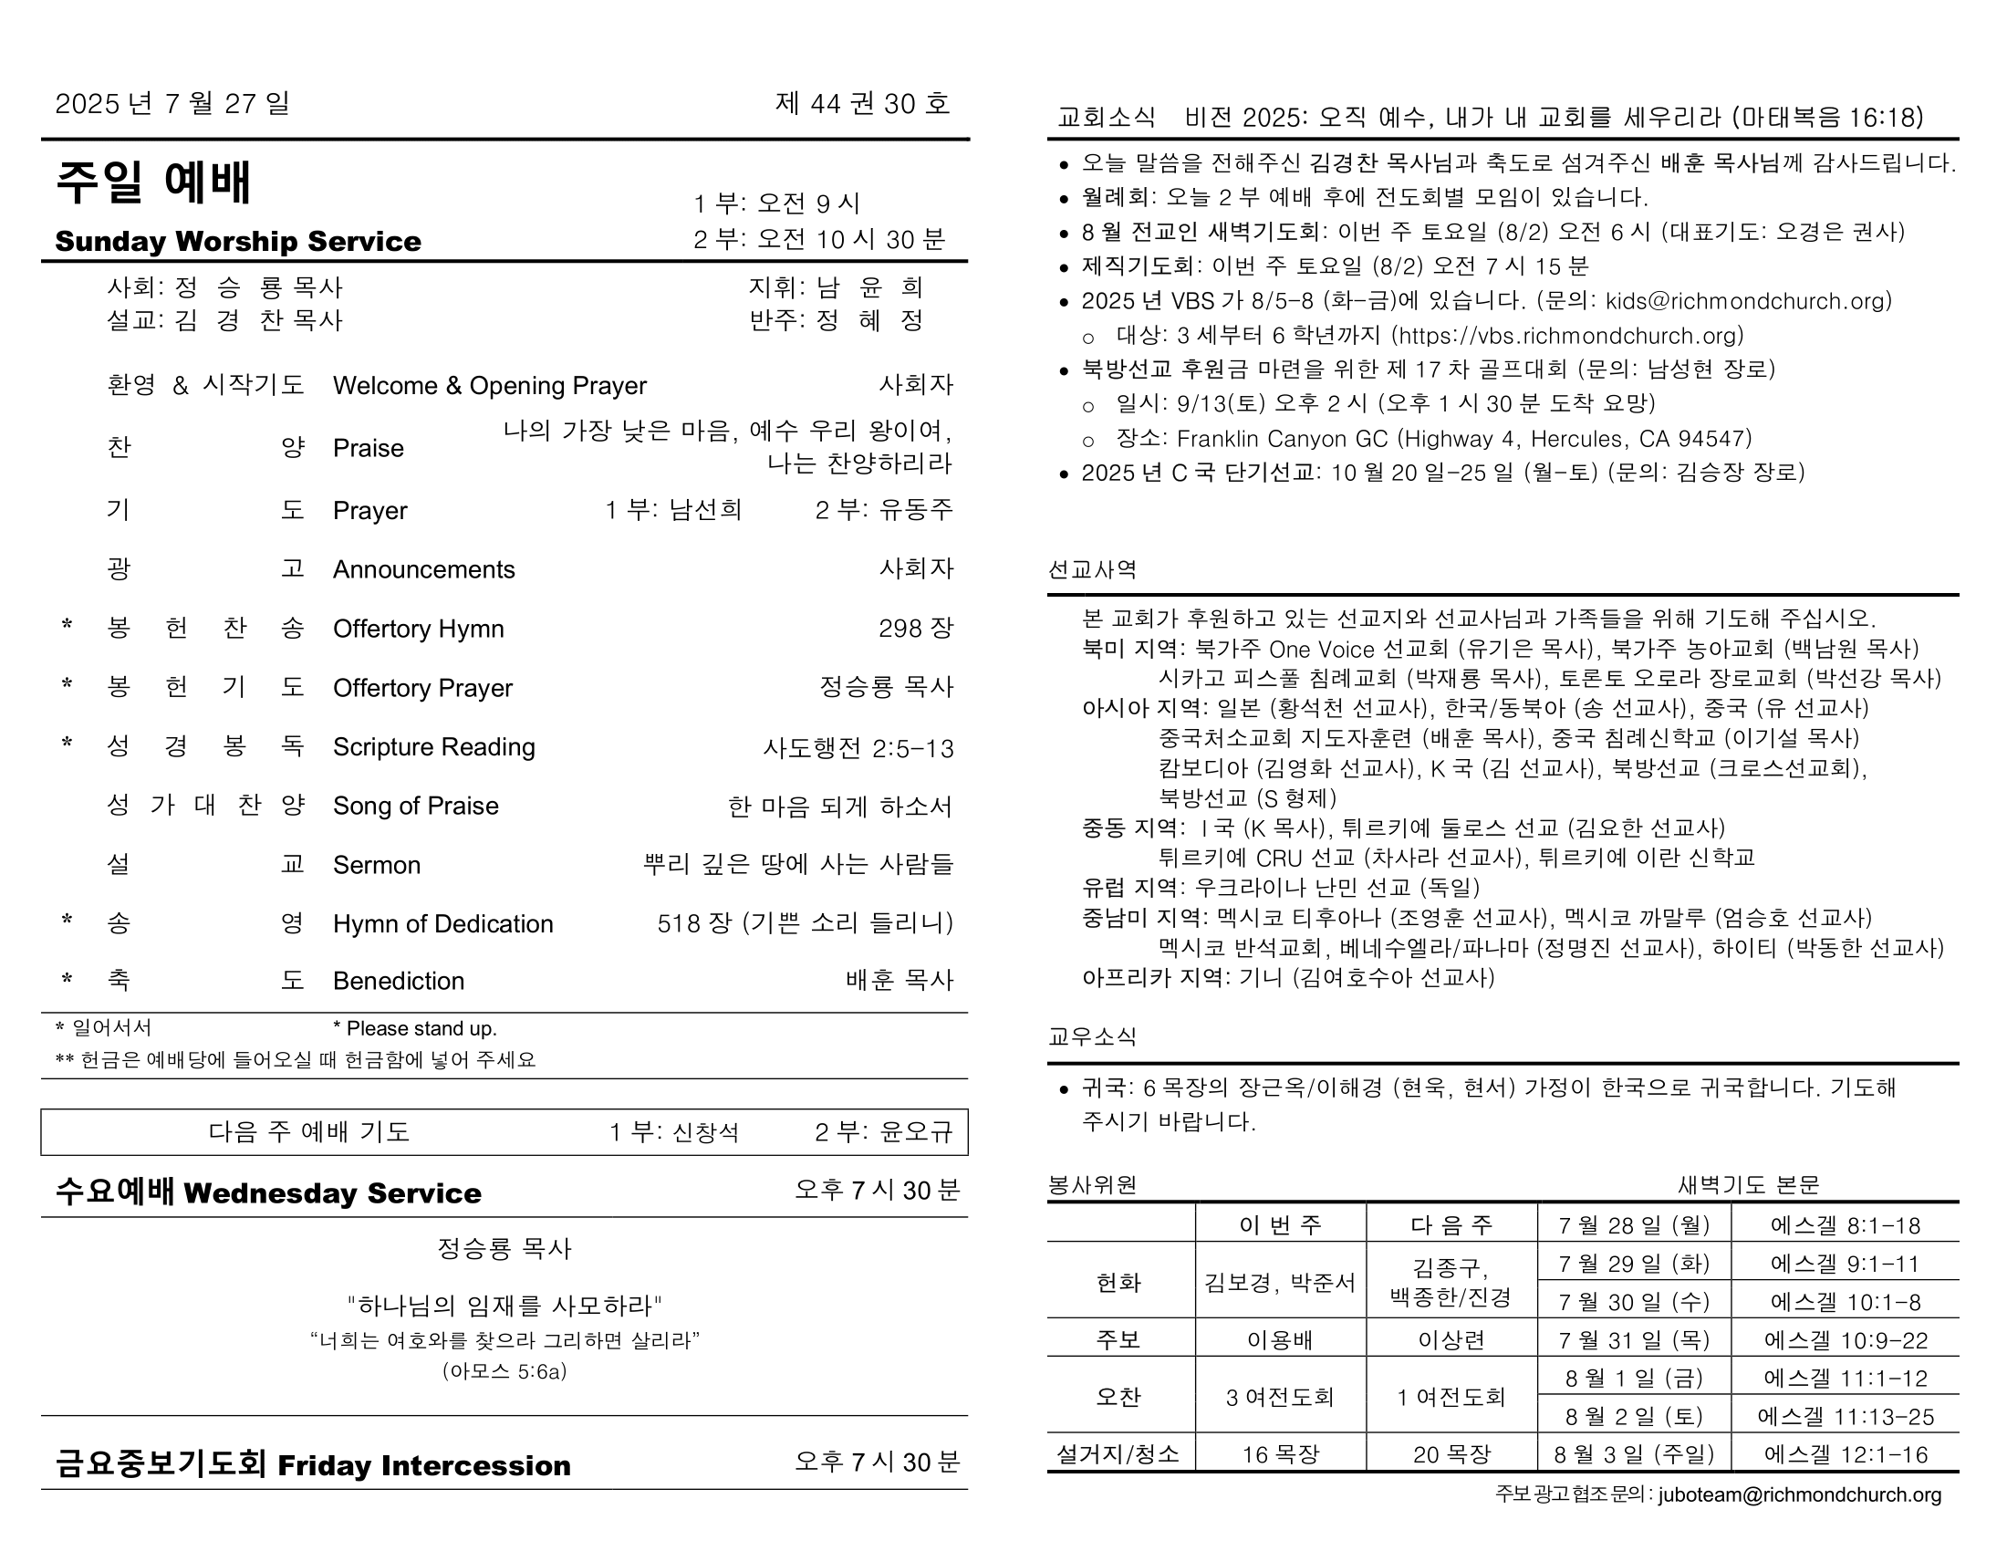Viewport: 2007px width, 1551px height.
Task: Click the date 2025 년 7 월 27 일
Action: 172,103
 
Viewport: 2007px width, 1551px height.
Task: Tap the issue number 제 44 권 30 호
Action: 862,103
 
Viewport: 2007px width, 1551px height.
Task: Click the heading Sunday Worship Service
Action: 238,242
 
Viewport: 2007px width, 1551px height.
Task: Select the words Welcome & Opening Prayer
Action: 489,386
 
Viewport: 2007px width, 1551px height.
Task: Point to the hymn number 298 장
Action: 915,629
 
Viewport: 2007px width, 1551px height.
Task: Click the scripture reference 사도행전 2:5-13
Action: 858,748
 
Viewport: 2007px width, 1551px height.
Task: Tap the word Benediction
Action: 398,982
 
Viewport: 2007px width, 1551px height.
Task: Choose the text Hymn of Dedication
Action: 443,923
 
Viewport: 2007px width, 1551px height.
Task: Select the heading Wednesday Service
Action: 333,1192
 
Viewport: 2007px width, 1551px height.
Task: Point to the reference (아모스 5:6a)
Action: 504,1372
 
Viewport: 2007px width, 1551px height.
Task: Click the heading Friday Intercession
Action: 423,1464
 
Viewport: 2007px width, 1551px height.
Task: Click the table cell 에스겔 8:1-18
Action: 1845,1225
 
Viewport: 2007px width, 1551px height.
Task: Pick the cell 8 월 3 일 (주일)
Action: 1634,1454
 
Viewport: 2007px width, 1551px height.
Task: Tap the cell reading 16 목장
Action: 1280,1454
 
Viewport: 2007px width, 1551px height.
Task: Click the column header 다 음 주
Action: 1451,1224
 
